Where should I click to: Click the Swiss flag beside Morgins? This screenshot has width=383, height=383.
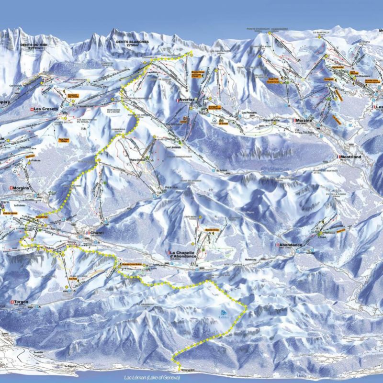(11, 188)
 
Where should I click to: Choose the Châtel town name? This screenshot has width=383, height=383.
(97, 233)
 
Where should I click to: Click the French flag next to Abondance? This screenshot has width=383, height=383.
(276, 245)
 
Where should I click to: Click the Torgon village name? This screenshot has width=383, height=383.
(21, 302)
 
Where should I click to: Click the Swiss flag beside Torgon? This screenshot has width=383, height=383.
(11, 302)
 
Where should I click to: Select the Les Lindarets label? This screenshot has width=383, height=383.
(173, 147)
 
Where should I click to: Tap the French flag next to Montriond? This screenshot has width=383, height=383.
(338, 157)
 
